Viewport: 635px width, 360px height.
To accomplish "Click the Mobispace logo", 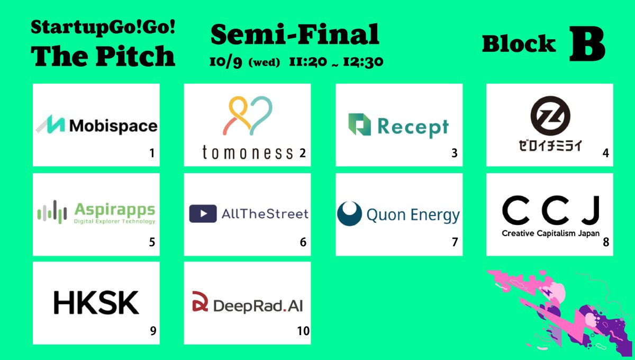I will tap(96, 125).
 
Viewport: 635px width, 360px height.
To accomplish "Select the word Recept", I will tap(413, 127).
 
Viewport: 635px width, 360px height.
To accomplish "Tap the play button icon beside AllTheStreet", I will tap(203, 214).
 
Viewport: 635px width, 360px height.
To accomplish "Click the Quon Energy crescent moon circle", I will tap(349, 214).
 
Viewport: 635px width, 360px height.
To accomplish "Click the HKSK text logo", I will tap(96, 302).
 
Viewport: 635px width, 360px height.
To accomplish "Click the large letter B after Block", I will tap(587, 46).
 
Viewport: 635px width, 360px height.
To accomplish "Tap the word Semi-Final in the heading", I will tap(295, 35).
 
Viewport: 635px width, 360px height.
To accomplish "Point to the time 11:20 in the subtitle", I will tap(305, 62).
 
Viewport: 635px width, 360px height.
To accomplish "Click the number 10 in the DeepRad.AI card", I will tap(303, 331).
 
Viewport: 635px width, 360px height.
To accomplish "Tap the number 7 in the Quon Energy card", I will tap(454, 242).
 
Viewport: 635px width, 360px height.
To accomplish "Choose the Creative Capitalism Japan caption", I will tap(550, 234).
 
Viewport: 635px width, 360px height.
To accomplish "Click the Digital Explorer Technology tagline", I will tap(115, 221).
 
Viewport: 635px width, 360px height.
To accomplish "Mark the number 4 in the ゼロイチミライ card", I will tap(605, 154).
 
